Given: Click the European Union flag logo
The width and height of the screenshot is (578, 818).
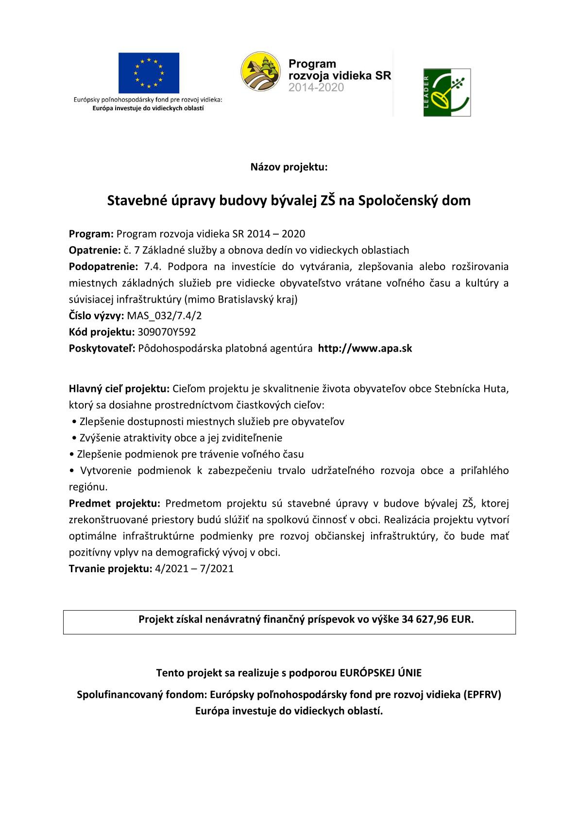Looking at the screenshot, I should [x=149, y=73].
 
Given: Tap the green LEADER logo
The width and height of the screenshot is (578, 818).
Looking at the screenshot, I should [x=447, y=92].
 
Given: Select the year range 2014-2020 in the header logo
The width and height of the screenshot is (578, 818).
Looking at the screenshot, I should [x=316, y=88].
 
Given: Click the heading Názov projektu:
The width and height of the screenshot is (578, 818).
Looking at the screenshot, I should [x=289, y=168].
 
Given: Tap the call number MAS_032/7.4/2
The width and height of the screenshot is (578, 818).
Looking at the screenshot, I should [x=164, y=316].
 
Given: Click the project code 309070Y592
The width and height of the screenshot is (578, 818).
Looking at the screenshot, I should [x=167, y=332].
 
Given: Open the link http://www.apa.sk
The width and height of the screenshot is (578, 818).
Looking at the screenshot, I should [x=365, y=349].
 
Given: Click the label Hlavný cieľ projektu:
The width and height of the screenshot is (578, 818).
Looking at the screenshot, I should [x=119, y=389].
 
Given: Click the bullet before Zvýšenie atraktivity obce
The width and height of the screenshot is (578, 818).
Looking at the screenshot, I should [x=73, y=438].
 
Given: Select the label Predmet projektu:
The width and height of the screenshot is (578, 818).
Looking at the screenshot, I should [x=115, y=503].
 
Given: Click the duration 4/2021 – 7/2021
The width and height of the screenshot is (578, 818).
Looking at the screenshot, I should [x=194, y=569].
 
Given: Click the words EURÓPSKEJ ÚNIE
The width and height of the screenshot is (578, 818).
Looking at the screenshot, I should [x=380, y=673].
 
